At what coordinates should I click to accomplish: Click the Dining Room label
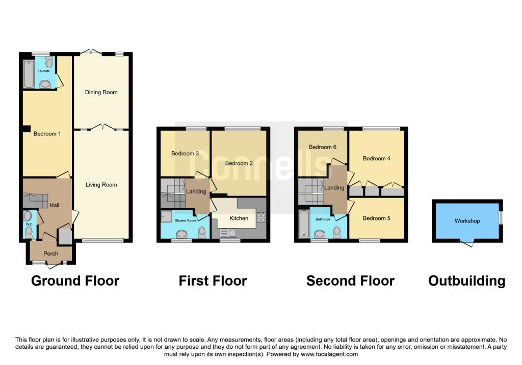(101, 93)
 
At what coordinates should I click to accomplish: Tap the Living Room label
(101, 185)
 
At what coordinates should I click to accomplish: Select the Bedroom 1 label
(47, 134)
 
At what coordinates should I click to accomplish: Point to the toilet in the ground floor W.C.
(29, 232)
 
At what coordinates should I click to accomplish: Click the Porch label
(50, 254)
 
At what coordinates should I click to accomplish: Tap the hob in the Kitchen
(260, 217)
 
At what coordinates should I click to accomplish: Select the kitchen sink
(227, 233)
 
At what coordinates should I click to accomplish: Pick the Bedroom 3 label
(185, 154)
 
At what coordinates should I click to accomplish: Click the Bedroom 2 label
(239, 163)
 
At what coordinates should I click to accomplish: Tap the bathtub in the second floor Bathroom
(304, 223)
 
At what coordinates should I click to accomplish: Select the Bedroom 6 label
(323, 147)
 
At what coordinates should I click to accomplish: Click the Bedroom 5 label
(377, 218)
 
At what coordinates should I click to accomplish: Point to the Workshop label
(467, 221)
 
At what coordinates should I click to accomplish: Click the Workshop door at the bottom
(467, 244)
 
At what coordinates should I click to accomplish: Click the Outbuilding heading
(466, 281)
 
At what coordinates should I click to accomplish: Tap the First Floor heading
(213, 281)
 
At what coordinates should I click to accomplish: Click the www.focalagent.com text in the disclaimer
(330, 354)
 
